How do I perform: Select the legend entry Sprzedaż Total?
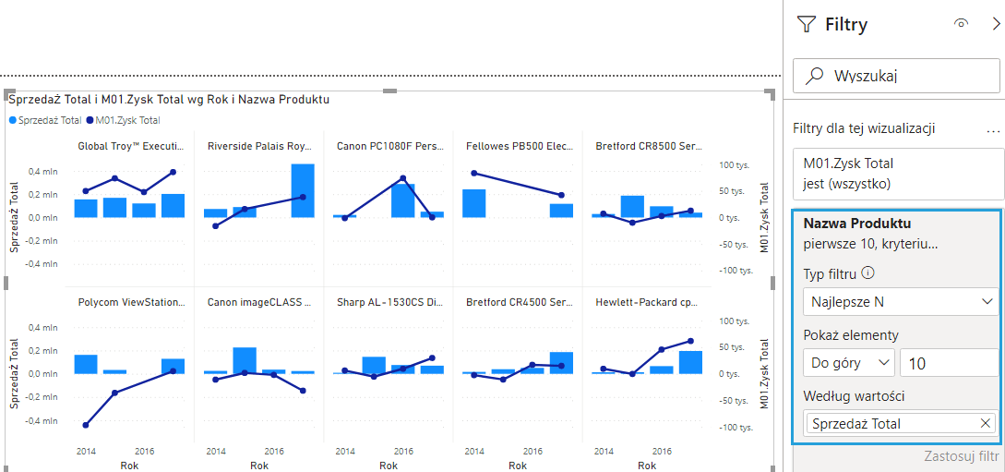point(50,120)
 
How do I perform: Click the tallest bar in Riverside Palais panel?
point(303,190)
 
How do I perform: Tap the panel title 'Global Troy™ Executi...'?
point(131,146)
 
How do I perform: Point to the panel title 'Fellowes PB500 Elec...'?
point(520,146)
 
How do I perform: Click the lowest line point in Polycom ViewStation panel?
point(86,425)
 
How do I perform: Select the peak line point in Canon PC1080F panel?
point(403,178)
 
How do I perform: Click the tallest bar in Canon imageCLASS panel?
point(245,359)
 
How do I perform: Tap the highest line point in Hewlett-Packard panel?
point(691,341)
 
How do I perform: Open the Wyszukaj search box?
point(897,76)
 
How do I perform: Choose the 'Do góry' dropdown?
point(848,363)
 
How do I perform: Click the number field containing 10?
point(948,363)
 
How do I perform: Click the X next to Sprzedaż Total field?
point(986,424)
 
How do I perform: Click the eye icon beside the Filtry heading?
point(962,24)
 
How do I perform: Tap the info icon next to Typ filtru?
point(867,273)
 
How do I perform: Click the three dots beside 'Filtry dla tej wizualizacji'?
point(993,130)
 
